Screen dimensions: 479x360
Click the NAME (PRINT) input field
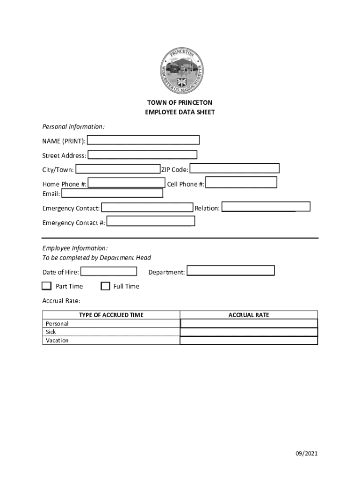point(143,140)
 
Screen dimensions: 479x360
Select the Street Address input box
point(142,155)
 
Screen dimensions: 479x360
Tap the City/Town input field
point(117,169)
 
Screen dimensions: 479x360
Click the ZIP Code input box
point(234,168)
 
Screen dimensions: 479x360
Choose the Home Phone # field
point(126,183)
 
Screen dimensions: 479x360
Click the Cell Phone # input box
point(241,182)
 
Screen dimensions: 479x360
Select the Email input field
point(112,193)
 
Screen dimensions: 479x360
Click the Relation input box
point(266,207)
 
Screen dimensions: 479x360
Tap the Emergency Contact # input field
point(151,221)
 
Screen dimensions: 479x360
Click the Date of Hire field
point(108,271)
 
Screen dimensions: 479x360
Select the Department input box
point(230,271)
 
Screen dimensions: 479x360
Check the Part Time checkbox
point(46,286)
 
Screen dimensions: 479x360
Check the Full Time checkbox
point(105,286)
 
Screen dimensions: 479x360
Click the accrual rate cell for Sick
point(249,332)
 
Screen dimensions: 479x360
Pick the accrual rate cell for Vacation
point(249,341)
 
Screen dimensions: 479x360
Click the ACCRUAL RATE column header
point(249,315)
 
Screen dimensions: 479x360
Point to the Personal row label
point(57,324)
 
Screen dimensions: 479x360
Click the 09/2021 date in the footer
point(306,453)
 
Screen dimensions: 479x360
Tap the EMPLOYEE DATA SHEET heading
point(180,112)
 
